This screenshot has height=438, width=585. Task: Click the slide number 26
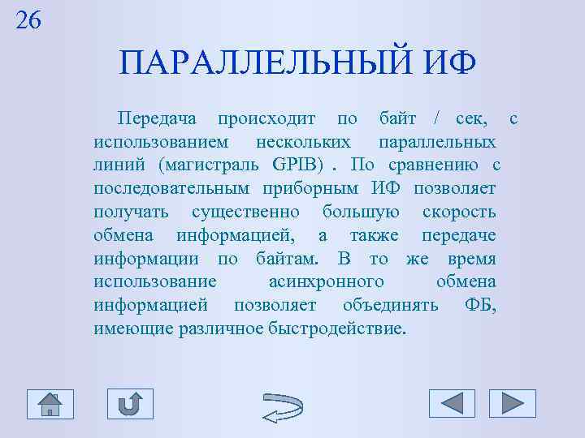click(28, 20)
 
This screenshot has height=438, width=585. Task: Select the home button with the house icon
click(50, 403)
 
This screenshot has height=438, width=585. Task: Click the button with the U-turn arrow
click(130, 403)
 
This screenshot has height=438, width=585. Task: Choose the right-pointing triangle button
click(512, 403)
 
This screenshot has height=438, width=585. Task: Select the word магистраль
click(212, 165)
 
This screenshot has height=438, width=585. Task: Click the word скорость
click(459, 213)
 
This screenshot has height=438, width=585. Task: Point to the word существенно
click(245, 213)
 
